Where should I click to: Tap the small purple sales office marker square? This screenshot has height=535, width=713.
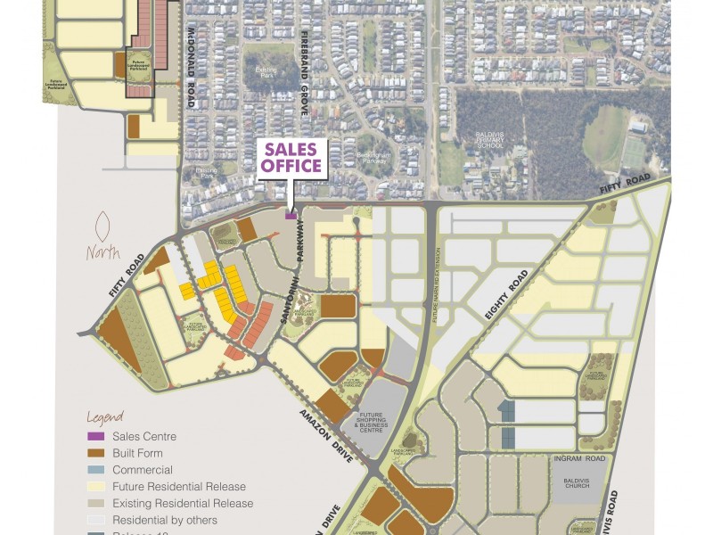291,214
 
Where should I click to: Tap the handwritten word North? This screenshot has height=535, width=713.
103,253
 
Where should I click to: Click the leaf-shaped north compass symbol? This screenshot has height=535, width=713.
103,226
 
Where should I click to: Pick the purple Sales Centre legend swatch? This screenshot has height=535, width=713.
94,436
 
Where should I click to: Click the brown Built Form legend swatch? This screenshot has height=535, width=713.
94,453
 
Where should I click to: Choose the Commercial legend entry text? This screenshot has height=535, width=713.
142,470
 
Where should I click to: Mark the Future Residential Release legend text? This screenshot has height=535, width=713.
178,487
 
